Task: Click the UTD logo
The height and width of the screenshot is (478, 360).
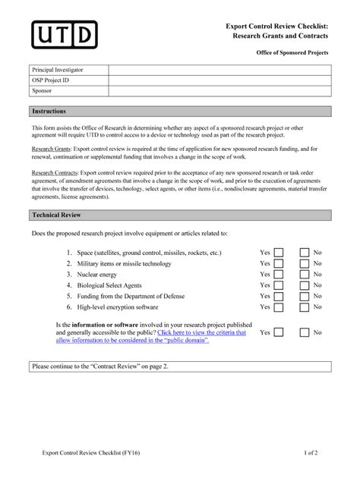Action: tap(64, 33)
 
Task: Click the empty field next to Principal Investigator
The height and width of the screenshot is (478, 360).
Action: tap(220, 70)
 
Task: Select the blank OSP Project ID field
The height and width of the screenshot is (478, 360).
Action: tap(220, 80)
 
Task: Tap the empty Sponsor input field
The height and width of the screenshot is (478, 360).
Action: tap(220, 91)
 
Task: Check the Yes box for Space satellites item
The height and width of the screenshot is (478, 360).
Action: tap(279, 253)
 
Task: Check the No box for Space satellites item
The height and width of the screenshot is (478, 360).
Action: tap(305, 253)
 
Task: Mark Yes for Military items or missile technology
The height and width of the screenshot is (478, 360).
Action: tap(279, 264)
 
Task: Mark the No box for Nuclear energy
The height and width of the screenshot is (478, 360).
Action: tap(305, 275)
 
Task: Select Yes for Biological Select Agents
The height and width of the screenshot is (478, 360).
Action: tap(279, 286)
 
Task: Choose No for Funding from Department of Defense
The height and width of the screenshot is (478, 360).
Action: tap(305, 297)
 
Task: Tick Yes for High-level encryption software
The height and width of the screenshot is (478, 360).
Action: tap(279, 307)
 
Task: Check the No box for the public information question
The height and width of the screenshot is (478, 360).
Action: tap(305, 332)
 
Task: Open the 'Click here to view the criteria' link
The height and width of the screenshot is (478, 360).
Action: tap(202, 332)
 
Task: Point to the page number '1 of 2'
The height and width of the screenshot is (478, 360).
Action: tap(311, 454)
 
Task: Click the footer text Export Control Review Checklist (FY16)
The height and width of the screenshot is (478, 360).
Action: tap(91, 454)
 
